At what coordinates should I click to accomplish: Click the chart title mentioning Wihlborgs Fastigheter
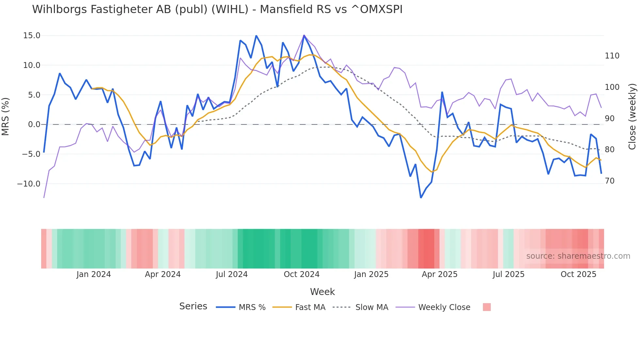(217, 9)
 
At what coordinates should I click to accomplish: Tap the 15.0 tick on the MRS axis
(32, 36)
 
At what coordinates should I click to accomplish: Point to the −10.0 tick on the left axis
(29, 184)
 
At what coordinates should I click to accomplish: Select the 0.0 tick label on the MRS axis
(34, 124)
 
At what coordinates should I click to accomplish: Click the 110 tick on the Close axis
(612, 56)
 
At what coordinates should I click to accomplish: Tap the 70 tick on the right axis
(610, 181)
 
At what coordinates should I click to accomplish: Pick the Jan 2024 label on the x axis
(94, 274)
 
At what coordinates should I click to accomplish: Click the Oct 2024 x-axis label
(301, 274)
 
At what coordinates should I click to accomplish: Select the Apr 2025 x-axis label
(440, 274)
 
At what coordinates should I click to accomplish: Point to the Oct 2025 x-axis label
(578, 274)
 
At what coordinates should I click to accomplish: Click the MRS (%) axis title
(6, 116)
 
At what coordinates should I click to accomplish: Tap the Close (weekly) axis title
(632, 117)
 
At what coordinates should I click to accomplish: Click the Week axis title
(322, 292)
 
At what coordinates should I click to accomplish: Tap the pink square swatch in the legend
(487, 307)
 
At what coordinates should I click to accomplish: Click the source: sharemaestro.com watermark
(578, 256)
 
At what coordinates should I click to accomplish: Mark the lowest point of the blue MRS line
(421, 198)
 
